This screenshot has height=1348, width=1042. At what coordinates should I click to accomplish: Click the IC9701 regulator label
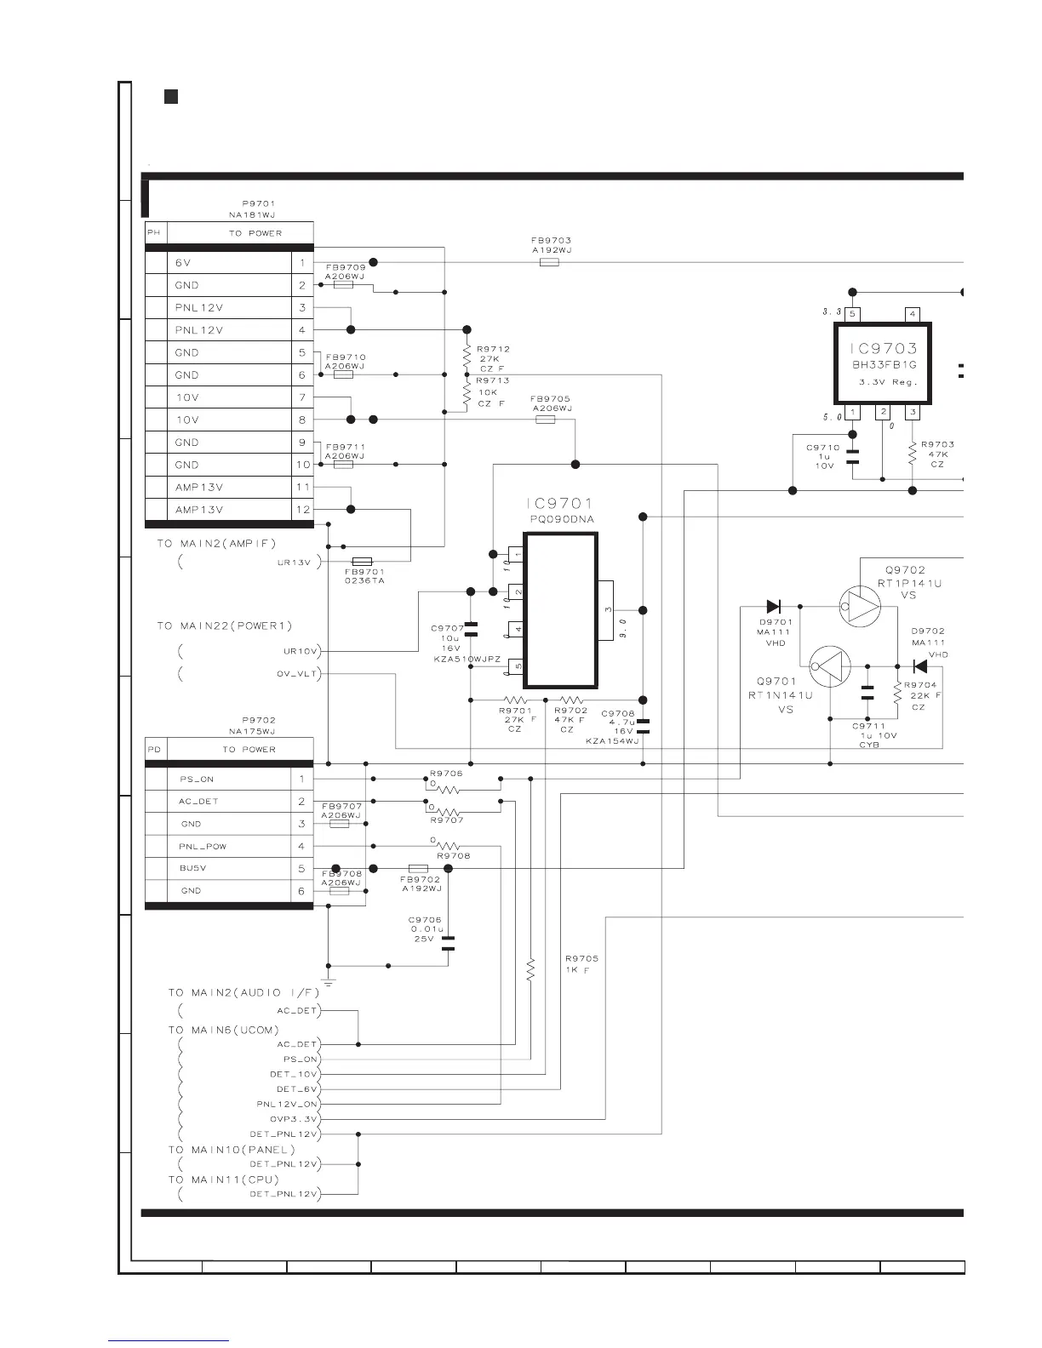pyautogui.click(x=559, y=504)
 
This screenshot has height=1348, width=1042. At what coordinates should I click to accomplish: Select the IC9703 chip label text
pyautogui.click(x=883, y=348)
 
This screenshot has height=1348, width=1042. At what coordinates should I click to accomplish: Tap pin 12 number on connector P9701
pyautogui.click(x=302, y=510)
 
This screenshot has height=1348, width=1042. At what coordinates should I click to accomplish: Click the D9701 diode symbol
pyautogui.click(x=774, y=607)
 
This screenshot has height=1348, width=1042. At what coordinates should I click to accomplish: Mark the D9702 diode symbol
pyautogui.click(x=919, y=665)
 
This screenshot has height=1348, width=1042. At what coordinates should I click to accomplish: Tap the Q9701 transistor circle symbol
pyautogui.click(x=830, y=665)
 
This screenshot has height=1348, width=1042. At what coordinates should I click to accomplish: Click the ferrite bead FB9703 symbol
pyautogui.click(x=550, y=263)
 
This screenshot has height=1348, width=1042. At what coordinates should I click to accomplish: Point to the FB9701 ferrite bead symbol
pyautogui.click(x=362, y=561)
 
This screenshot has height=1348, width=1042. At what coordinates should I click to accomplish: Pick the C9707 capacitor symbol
pyautogui.click(x=471, y=629)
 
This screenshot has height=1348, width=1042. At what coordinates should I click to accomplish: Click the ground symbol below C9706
pyautogui.click(x=328, y=983)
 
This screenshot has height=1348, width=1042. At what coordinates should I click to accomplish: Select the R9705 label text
pyautogui.click(x=581, y=959)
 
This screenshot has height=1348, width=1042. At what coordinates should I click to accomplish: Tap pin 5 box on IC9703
pyautogui.click(x=853, y=314)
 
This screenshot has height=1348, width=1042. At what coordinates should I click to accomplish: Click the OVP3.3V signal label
pyautogui.click(x=294, y=1119)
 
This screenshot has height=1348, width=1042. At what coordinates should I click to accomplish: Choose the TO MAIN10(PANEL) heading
pyautogui.click(x=232, y=1150)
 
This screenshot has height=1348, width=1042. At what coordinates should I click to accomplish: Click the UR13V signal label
pyautogui.click(x=300, y=563)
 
